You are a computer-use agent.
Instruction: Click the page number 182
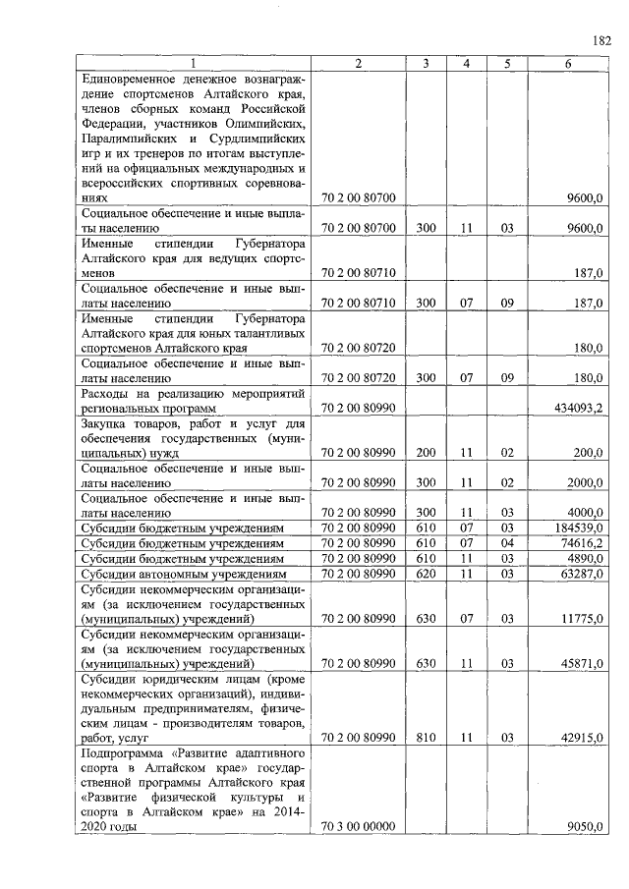601,40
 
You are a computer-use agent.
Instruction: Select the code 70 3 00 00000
358,827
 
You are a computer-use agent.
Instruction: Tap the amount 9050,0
586,827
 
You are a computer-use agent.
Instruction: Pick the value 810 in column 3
425,738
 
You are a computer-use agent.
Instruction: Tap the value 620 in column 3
425,573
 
